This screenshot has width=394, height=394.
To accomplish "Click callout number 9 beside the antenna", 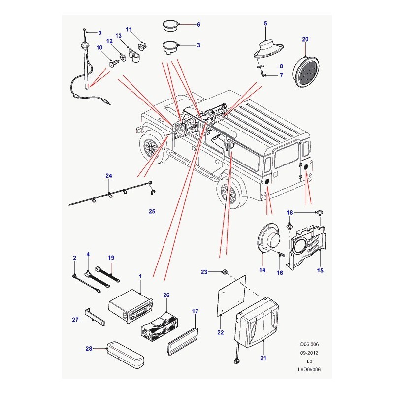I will [x=99, y=33].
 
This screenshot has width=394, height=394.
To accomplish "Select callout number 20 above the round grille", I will [x=305, y=39].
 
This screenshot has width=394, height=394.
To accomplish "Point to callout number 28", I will [x=89, y=349].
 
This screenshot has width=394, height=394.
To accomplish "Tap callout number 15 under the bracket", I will [x=320, y=270].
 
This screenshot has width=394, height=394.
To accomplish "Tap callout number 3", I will [x=198, y=45].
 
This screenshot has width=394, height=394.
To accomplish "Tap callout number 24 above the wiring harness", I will [x=109, y=176].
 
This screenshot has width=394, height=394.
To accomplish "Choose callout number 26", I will [x=166, y=295].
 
